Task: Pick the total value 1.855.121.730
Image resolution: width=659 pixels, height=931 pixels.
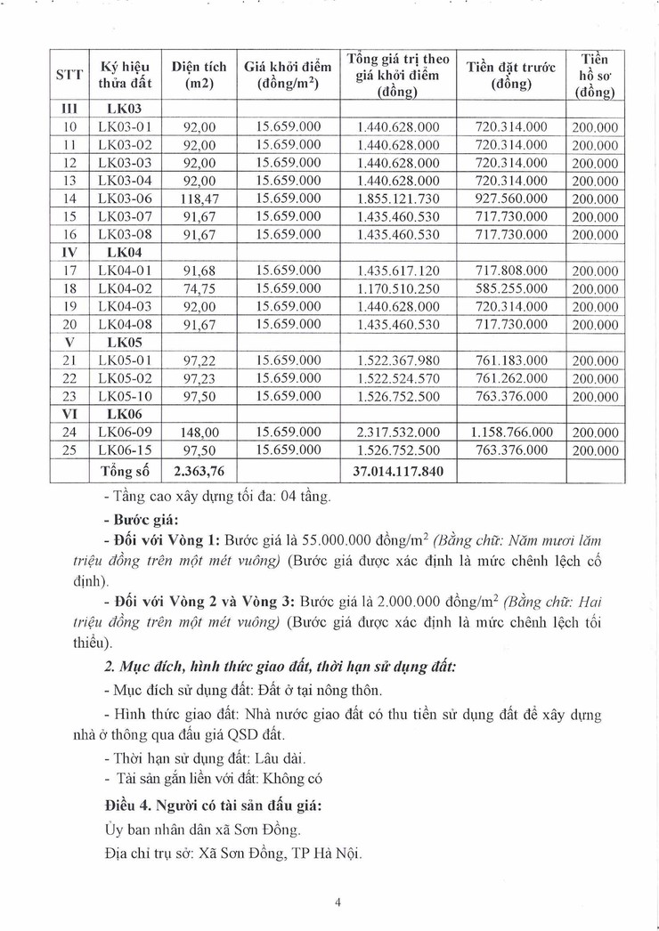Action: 397,198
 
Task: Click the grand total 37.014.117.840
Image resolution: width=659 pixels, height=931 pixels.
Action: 397,470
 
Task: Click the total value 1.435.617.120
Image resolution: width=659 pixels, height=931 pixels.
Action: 397,271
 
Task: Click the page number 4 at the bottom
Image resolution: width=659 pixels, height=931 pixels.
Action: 338,902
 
